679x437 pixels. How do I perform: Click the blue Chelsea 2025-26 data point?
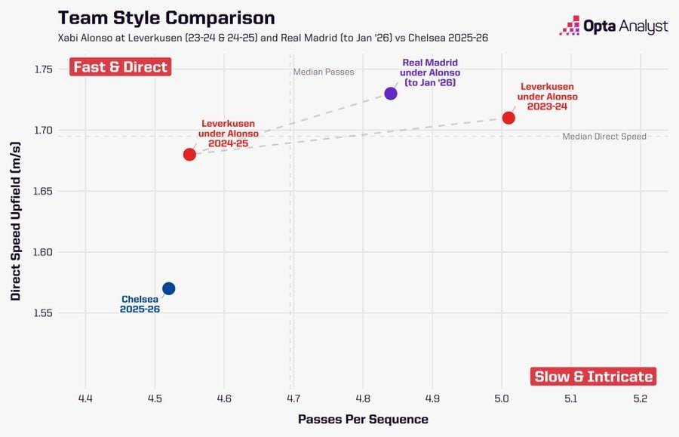click(168, 288)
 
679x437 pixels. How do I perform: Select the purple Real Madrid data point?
click(391, 94)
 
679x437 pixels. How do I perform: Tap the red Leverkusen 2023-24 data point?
click(508, 118)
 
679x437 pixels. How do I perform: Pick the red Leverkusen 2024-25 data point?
click(189, 155)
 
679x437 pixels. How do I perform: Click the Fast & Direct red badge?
click(121, 66)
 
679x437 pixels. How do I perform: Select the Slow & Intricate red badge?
click(593, 377)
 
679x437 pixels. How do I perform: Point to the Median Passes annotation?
click(324, 72)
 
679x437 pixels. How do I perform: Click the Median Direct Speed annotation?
click(604, 137)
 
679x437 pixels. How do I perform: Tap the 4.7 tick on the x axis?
click(293, 398)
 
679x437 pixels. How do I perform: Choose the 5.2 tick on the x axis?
click(640, 398)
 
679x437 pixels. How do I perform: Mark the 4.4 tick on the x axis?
click(85, 398)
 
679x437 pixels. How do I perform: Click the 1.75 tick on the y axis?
click(43, 69)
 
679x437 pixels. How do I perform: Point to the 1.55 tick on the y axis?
click(43, 312)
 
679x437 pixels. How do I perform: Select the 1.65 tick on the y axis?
click(43, 191)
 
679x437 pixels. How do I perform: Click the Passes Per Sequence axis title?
click(364, 419)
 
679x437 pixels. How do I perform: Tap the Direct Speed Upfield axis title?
click(16, 221)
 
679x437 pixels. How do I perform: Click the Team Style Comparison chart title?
click(167, 18)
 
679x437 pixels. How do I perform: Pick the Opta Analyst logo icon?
click(570, 25)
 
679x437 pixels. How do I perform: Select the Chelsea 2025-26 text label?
click(140, 304)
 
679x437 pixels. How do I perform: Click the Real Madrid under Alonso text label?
click(429, 72)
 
